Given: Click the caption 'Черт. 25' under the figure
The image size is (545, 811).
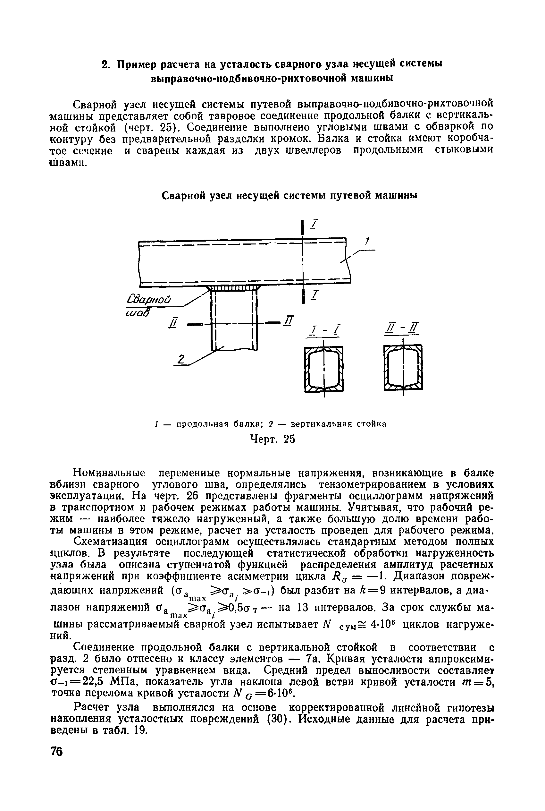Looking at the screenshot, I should (x=272, y=440).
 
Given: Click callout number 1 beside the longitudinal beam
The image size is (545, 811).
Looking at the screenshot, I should (x=366, y=241).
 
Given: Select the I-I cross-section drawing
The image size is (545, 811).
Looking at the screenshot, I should (x=324, y=369).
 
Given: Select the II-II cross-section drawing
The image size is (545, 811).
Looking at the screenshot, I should (x=403, y=368).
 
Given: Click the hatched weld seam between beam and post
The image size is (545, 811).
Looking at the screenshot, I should (x=233, y=288).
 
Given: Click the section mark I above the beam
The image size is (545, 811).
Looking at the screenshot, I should (x=315, y=225).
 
